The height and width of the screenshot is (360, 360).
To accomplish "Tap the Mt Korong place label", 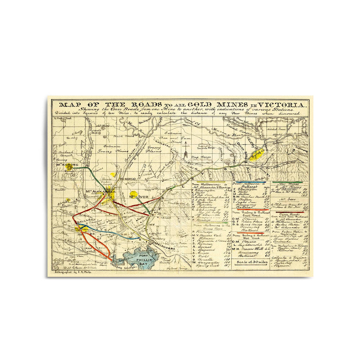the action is (x=67, y=165).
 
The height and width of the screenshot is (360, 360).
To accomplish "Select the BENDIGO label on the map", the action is (x=128, y=179).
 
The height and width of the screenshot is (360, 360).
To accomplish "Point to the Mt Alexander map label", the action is (x=97, y=191).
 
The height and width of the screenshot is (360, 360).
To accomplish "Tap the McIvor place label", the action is (x=136, y=196).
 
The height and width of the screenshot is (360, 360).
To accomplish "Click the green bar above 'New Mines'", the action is (x=286, y=182).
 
